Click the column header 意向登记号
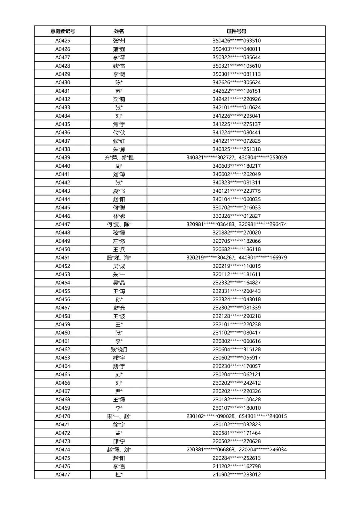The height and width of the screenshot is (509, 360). (63, 31)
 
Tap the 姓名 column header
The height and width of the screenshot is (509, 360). (119, 31)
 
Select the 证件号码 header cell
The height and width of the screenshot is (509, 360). (236, 31)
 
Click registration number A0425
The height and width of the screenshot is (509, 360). (63, 41)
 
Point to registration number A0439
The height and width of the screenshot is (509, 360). (63, 158)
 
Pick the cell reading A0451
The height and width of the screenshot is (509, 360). (63, 258)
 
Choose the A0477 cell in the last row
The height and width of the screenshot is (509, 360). (63, 475)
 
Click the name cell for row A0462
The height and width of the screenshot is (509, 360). (119, 350)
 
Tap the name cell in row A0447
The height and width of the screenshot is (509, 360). (119, 224)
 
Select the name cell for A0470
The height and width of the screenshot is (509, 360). (119, 416)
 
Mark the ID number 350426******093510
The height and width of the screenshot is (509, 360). (236, 41)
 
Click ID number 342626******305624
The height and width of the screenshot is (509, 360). (236, 82)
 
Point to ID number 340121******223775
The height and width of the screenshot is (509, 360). (236, 191)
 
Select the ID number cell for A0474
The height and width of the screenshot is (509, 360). (236, 450)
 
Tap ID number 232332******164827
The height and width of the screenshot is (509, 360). (236, 283)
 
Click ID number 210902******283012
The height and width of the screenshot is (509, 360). (236, 475)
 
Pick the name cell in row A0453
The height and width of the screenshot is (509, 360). (119, 274)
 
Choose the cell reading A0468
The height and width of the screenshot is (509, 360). (63, 400)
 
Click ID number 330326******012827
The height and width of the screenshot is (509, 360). (236, 216)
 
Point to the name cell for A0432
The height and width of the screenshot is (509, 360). (119, 99)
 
